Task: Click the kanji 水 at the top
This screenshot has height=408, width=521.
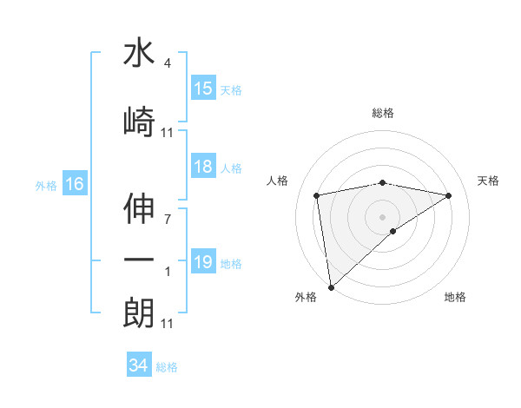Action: click(139, 54)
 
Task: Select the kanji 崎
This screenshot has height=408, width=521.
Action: click(139, 122)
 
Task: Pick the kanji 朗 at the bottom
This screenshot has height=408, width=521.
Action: click(139, 313)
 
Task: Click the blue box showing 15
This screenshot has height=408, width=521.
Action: click(202, 88)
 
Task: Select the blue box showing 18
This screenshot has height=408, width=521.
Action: click(202, 168)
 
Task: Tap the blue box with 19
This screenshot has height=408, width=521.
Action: click(202, 262)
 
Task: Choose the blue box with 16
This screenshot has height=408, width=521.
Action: click(74, 184)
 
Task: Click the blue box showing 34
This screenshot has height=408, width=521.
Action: click(138, 365)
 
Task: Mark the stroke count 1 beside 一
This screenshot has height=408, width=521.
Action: click(167, 272)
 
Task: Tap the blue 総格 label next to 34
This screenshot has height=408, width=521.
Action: click(167, 367)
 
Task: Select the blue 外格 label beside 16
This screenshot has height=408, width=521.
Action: click(46, 185)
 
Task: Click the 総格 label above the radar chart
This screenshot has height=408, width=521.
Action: click(382, 113)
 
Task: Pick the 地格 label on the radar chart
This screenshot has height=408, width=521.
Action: click(455, 297)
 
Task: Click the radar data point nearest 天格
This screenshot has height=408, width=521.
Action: click(449, 195)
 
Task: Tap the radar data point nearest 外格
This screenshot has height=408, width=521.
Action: click(331, 286)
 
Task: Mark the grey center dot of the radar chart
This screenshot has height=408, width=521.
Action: click(382, 216)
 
